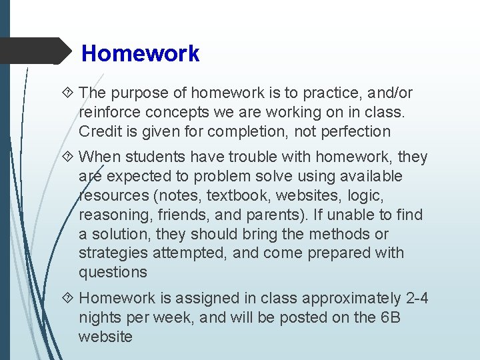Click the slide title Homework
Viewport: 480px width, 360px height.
click(x=140, y=53)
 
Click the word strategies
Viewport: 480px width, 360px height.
click(x=110, y=253)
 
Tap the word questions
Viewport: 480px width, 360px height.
click(x=113, y=272)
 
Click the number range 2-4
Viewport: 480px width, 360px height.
click(x=414, y=299)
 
